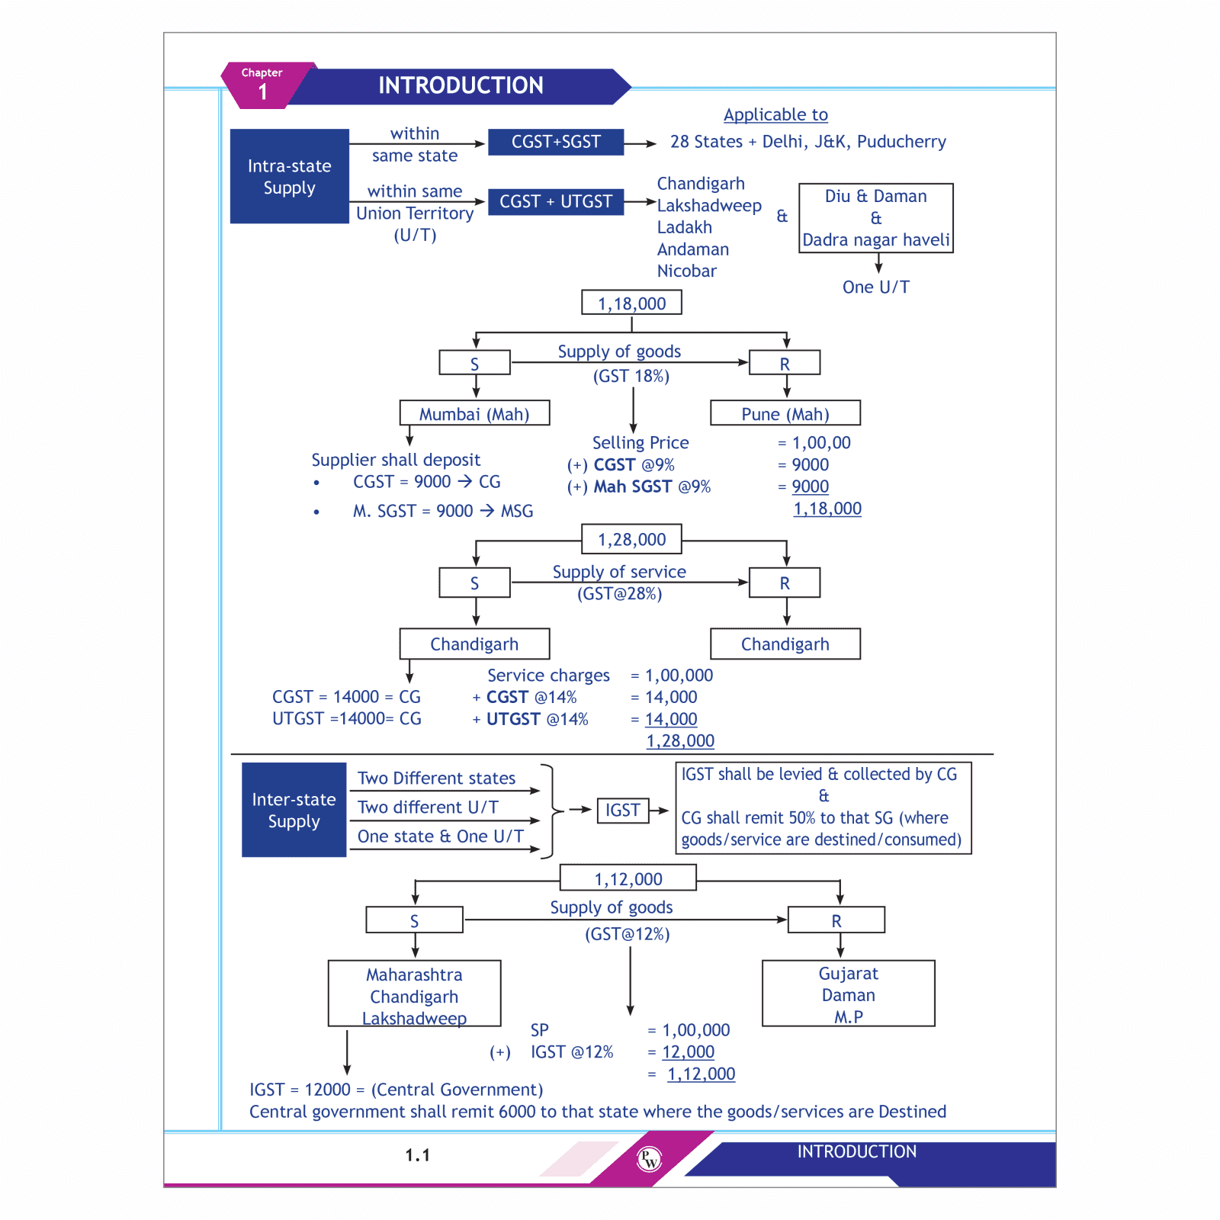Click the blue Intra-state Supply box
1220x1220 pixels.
click(290, 176)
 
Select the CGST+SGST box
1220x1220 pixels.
click(556, 142)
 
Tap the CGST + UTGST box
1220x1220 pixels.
click(556, 202)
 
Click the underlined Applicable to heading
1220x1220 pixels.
click(775, 115)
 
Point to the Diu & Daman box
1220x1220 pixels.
click(876, 218)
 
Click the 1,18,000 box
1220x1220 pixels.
click(631, 303)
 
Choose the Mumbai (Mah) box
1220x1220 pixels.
click(474, 414)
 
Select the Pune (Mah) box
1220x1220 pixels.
click(785, 414)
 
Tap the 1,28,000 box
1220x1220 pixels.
click(631, 540)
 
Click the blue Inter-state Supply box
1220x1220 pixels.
click(294, 810)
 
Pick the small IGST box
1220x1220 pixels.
click(622, 811)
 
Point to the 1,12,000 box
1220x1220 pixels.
click(628, 878)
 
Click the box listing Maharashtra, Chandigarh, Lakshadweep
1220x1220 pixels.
click(414, 994)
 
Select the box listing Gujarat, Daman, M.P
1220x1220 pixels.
click(848, 994)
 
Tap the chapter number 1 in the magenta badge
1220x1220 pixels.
click(263, 92)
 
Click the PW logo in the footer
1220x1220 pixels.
click(649, 1160)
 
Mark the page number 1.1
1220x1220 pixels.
click(418, 1156)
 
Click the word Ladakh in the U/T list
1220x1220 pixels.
click(685, 227)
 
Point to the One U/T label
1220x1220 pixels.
click(876, 287)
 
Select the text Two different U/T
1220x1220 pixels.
click(428, 807)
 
